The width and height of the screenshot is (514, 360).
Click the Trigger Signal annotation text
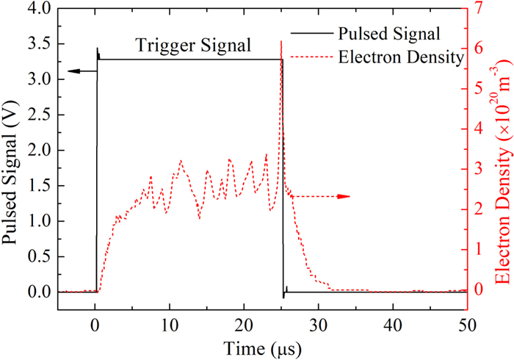194,46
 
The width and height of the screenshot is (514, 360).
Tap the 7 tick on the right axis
480,9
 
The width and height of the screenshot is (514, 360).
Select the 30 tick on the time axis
318,324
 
